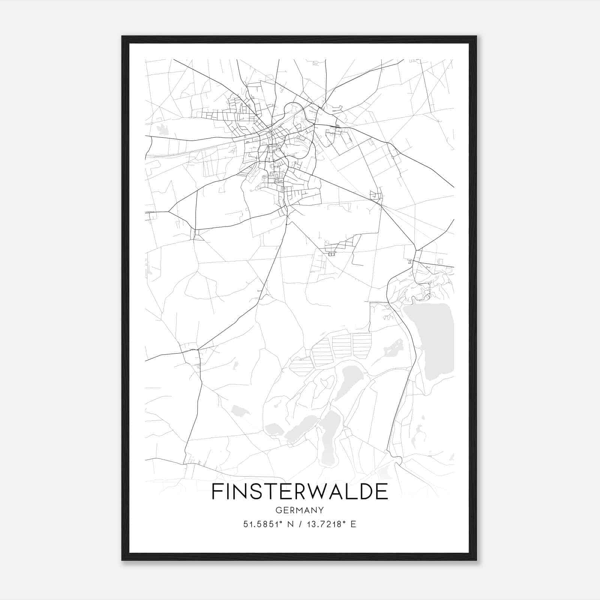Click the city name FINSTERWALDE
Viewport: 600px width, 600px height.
300,492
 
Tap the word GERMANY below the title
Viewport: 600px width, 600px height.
300,510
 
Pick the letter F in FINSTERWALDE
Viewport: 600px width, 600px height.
217,492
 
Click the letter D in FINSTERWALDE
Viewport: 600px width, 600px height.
363,492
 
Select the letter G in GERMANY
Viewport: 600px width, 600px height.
279,510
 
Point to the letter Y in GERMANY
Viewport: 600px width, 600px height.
321,510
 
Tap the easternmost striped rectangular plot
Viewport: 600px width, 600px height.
361,344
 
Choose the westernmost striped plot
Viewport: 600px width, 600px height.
301,367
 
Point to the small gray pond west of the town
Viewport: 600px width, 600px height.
162,129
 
